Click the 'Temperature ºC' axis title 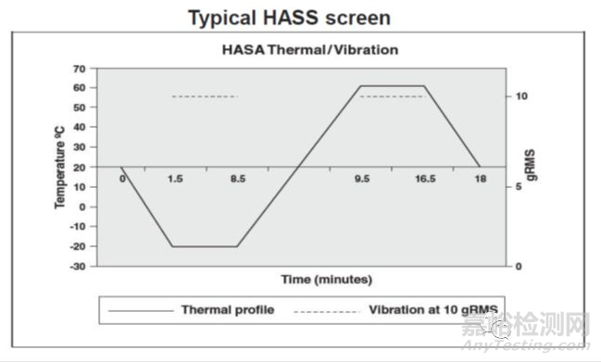58,168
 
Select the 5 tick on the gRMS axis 520,187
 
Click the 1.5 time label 175,180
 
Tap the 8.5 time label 238,180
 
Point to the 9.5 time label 361,180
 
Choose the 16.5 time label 425,180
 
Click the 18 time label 480,180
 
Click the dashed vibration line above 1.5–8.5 206,96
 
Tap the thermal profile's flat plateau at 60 393,86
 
